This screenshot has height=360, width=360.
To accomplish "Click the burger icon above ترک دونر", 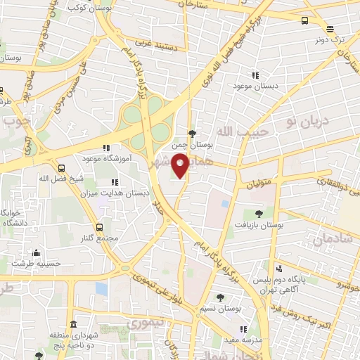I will [329, 28].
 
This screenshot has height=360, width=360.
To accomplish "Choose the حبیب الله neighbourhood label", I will [233, 131].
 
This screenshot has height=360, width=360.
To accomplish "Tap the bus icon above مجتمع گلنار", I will [99, 227].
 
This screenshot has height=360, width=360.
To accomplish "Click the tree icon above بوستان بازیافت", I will [259, 213].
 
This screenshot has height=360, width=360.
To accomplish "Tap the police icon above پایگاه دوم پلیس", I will [279, 268].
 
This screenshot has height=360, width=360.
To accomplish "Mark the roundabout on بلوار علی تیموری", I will [126, 268].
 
